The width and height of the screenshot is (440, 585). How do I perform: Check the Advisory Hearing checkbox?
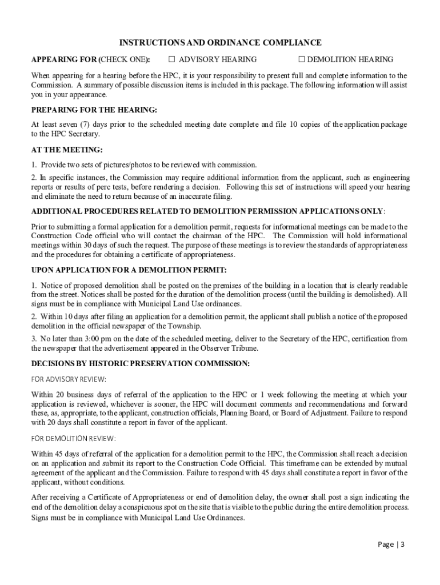171,59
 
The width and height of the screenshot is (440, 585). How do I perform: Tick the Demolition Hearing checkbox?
302,59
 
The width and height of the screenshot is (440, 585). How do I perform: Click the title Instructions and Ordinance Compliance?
220,43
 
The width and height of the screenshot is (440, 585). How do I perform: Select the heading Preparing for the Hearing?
94,109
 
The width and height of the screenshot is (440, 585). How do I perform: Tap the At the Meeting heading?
67,150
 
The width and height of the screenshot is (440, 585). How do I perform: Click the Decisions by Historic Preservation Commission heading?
140,363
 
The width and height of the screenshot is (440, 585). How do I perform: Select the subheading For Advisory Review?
69,379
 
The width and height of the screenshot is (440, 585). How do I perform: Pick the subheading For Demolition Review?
73,438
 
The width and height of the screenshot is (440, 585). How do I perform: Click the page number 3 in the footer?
402,544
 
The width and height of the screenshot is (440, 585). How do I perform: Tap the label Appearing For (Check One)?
91,59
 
